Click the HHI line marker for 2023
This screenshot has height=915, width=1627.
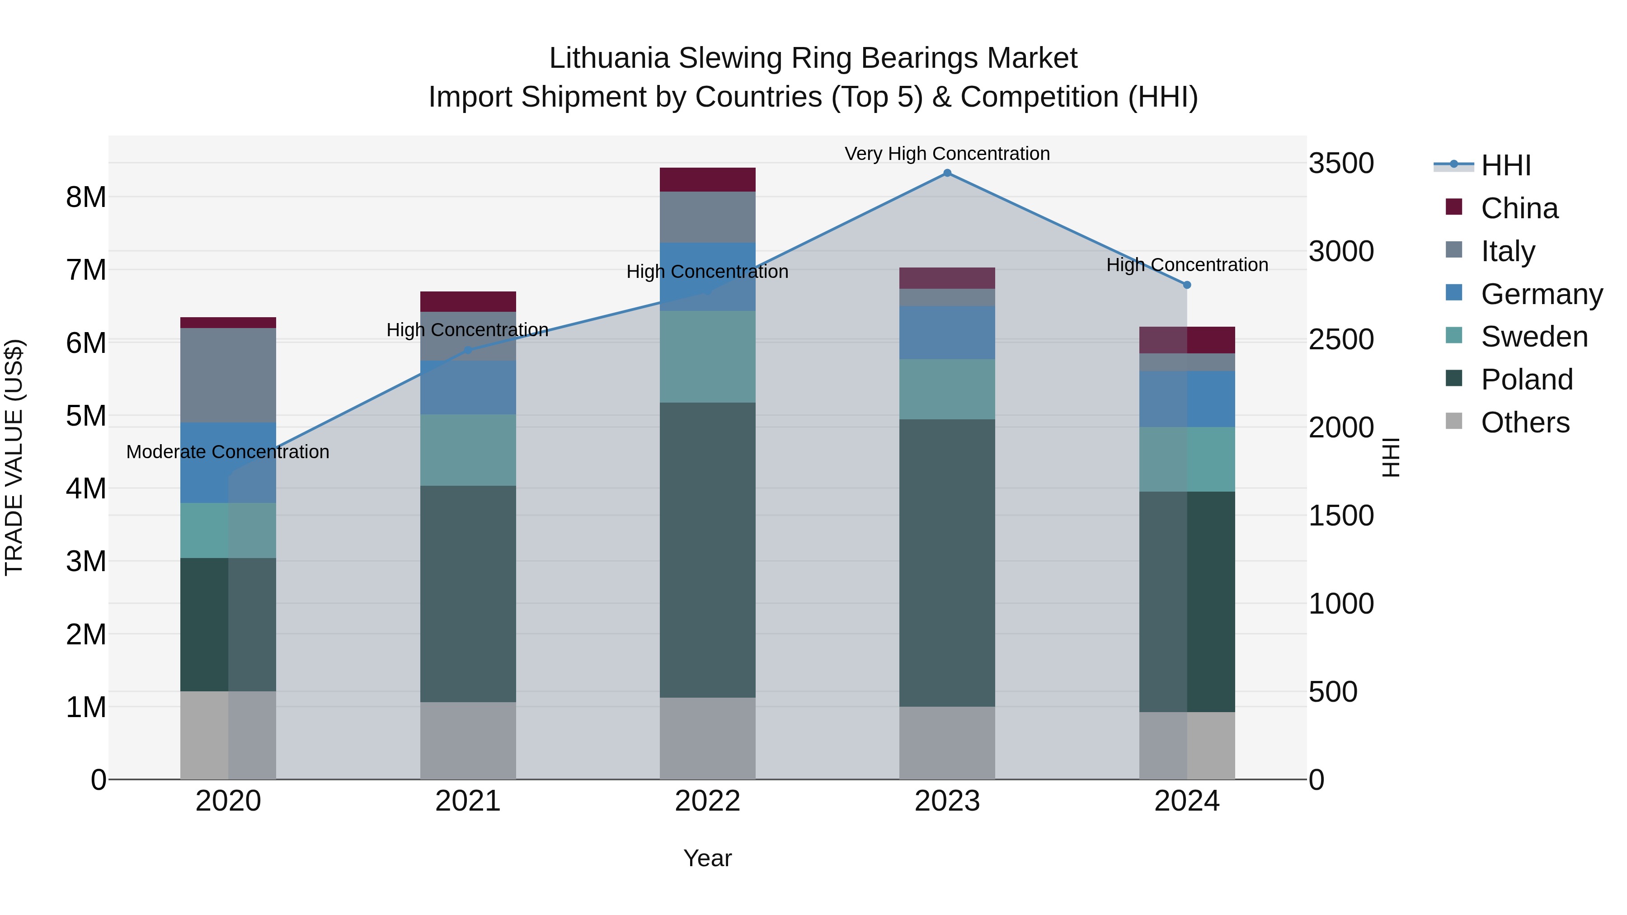pyautogui.click(x=947, y=173)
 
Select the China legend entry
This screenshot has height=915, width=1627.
pyautogui.click(x=1519, y=208)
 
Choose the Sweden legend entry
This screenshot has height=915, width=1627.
pyautogui.click(x=1533, y=337)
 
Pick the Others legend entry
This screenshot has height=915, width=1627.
pyautogui.click(x=1525, y=422)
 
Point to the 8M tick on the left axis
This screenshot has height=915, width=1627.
pyautogui.click(x=86, y=197)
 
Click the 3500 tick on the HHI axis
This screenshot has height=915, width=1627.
pyautogui.click(x=1340, y=164)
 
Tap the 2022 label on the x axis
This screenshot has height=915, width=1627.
pyautogui.click(x=707, y=801)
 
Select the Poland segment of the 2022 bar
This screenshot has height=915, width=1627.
pyautogui.click(x=707, y=549)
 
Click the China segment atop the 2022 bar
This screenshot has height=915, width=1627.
pyautogui.click(x=707, y=180)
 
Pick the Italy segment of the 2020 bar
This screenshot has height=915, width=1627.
pyautogui.click(x=228, y=375)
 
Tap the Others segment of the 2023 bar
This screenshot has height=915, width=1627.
pyautogui.click(x=947, y=742)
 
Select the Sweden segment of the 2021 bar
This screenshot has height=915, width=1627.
pyautogui.click(x=468, y=450)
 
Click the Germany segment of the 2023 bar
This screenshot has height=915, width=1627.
pyautogui.click(x=947, y=333)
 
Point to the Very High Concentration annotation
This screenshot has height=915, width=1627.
pyautogui.click(x=947, y=154)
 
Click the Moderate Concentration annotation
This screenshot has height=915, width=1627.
pyautogui.click(x=228, y=452)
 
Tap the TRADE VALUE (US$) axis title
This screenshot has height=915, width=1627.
pyautogui.click(x=14, y=457)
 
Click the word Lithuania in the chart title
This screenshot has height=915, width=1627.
pyautogui.click(x=609, y=59)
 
